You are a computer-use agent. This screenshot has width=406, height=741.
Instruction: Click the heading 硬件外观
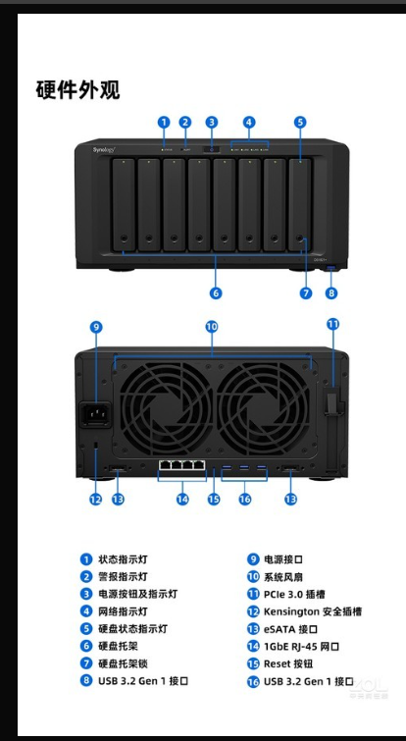click(77, 89)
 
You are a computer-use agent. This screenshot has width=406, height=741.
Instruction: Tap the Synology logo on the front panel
click(104, 150)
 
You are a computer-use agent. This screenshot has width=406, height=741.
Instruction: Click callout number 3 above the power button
click(212, 122)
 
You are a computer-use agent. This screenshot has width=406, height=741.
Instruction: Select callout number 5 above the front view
click(300, 122)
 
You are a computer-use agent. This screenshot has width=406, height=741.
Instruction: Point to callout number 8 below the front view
click(331, 293)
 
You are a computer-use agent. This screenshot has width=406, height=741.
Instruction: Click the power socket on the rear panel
click(97, 414)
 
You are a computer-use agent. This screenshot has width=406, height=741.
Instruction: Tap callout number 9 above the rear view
click(96, 327)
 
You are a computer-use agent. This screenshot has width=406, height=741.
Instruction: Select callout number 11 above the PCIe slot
click(333, 324)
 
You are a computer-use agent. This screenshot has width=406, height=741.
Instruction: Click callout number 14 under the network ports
click(182, 499)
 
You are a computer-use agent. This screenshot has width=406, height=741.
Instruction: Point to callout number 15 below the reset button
click(214, 499)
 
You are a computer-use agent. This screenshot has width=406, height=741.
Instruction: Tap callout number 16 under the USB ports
click(244, 499)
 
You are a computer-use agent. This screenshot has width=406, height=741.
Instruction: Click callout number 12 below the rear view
click(96, 499)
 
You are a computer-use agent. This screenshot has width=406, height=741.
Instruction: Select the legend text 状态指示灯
click(123, 559)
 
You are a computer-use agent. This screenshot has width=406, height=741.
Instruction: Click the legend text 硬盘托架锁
click(123, 663)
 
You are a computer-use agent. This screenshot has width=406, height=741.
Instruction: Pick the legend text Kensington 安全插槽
click(313, 611)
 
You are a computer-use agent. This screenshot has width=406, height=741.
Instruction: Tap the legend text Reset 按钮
click(288, 663)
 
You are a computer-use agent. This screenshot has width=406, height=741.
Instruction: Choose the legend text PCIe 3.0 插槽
click(294, 595)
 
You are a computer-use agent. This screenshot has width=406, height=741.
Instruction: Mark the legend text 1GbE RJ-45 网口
click(301, 646)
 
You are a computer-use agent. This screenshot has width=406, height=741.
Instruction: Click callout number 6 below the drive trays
click(216, 293)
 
